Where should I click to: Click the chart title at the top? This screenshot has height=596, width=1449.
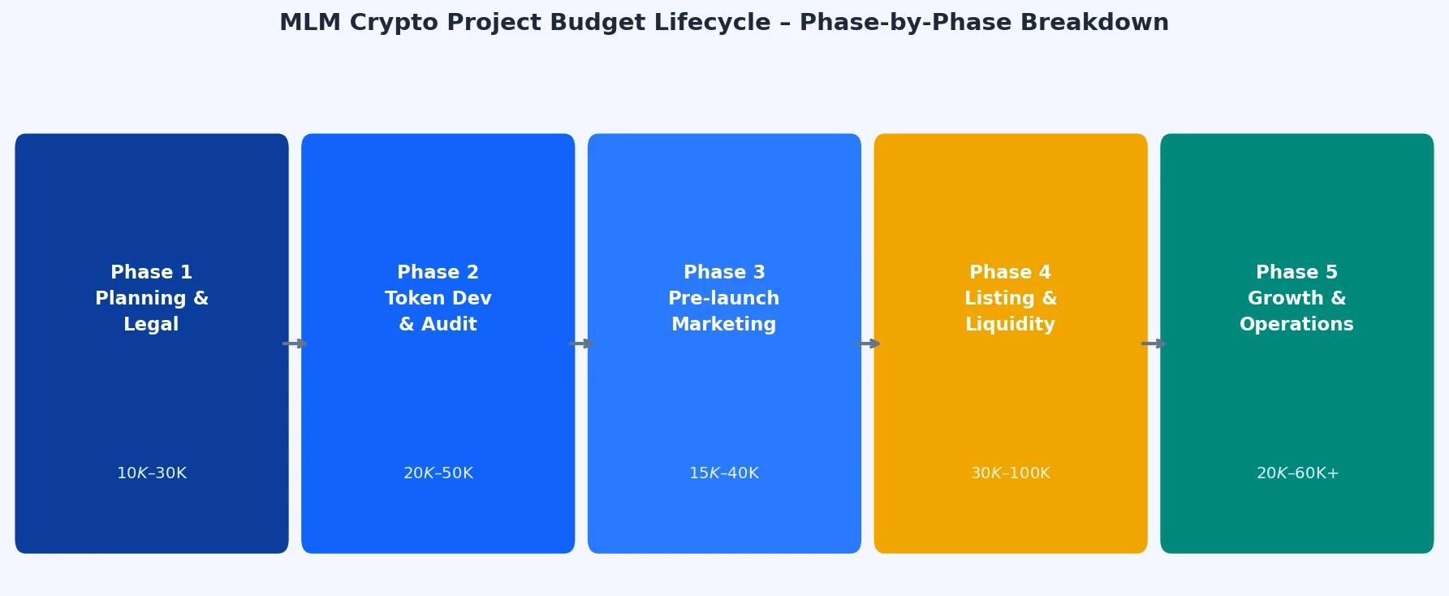point(724,23)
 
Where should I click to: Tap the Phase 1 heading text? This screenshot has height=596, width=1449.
point(152,272)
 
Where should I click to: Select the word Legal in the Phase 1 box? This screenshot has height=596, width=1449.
point(151,324)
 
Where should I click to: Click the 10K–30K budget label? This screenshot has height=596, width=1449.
point(152,473)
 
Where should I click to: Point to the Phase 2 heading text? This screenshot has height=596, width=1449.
point(438,272)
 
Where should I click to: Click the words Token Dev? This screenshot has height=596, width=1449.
point(438,298)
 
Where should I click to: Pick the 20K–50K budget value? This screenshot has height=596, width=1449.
point(438,473)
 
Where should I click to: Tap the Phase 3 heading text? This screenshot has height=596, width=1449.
point(724,272)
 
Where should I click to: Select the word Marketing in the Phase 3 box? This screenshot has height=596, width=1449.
point(724,324)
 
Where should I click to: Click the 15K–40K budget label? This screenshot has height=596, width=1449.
point(724,473)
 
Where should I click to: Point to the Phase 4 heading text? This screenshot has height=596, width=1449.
point(1011,272)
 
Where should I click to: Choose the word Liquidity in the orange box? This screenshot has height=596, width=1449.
point(1011,324)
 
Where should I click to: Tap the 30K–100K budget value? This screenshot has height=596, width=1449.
point(1011,473)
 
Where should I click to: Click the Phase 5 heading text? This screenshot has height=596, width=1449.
point(1297,272)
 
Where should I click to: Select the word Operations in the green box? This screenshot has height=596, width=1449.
point(1297,324)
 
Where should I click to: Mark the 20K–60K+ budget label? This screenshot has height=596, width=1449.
point(1297,473)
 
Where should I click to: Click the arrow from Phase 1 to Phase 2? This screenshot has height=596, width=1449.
point(295,343)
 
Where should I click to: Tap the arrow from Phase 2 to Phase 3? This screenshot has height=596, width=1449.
point(581,343)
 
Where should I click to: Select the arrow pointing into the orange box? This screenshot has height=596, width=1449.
point(868,343)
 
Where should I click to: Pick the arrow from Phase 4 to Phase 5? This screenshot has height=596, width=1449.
point(1154,343)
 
